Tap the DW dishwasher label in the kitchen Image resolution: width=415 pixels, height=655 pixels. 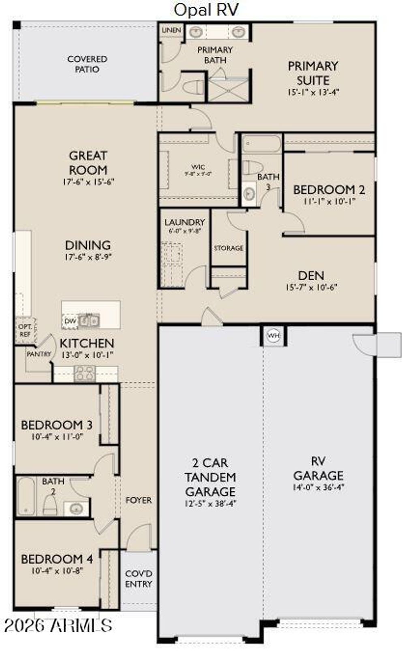tap(70, 321)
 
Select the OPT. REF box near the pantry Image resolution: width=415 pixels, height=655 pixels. tap(25, 331)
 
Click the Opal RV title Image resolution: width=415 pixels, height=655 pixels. tap(206, 10)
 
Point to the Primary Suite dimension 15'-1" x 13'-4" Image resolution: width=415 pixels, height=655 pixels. tap(313, 92)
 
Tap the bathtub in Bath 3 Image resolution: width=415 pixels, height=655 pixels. tap(261, 144)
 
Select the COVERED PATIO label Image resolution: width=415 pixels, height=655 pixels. tap(87, 64)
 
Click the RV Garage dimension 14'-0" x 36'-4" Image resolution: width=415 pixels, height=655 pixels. tap(318, 488)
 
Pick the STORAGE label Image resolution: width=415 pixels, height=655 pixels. tap(229, 248)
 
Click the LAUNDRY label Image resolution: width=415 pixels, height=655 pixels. tap(184, 222)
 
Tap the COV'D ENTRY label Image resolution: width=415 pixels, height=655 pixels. tap(139, 579)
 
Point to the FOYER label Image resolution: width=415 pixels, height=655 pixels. tap(139, 500)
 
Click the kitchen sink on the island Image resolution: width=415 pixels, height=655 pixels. tap(89, 321)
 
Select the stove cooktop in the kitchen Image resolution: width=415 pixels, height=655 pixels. tap(85, 373)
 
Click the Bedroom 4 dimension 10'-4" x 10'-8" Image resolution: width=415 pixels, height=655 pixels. tap(57, 571)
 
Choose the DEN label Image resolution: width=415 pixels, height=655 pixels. tap(311, 275)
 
